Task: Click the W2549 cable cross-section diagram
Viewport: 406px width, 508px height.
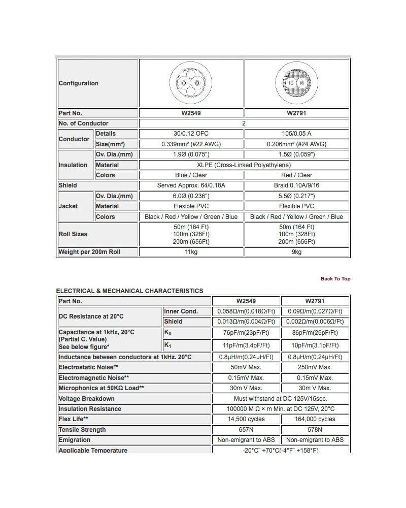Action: pos(191,83)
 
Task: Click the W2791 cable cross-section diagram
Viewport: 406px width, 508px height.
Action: pos(296,83)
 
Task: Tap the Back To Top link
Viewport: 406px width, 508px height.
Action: pos(335,278)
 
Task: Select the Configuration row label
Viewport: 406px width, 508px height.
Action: pos(79,83)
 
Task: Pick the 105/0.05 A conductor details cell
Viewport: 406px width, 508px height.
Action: pos(296,134)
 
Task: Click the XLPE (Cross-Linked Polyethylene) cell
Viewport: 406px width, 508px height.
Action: pos(244,165)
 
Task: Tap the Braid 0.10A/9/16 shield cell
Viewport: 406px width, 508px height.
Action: pos(296,185)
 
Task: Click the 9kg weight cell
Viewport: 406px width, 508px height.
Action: pos(296,252)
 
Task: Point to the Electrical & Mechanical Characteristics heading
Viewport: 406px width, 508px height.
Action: pos(129,291)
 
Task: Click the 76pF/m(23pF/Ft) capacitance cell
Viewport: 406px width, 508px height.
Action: pos(246,333)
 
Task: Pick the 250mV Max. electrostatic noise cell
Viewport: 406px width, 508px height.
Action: pos(315,367)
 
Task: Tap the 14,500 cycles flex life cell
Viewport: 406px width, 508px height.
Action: pos(246,419)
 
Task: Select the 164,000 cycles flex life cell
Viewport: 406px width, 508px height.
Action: pos(315,419)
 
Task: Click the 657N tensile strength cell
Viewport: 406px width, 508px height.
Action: pos(246,430)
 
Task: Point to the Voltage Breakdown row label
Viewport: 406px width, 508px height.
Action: pos(87,399)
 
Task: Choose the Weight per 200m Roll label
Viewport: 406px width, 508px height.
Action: pos(90,252)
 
